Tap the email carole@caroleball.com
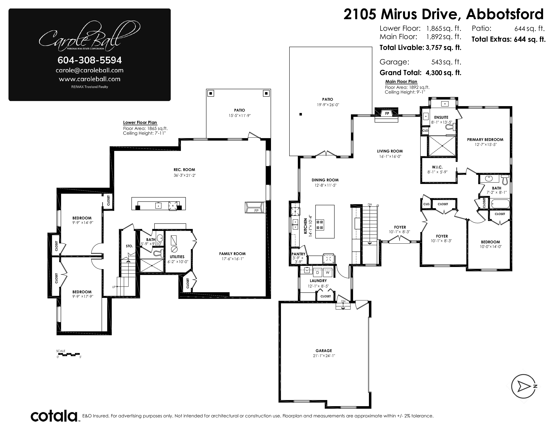pyautogui.click(x=89, y=70)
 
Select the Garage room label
pyautogui.click(x=324, y=350)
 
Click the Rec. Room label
pyautogui.click(x=184, y=170)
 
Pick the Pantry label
pyautogui.click(x=298, y=254)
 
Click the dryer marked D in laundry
pyautogui.click(x=318, y=272)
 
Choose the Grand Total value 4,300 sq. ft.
pyautogui.click(x=443, y=73)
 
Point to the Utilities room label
pyautogui.click(x=177, y=257)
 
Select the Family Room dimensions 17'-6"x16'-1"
pyautogui.click(x=232, y=259)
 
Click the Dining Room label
pyautogui.click(x=325, y=180)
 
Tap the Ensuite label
pyautogui.click(x=441, y=117)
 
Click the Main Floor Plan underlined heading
pyautogui.click(x=401, y=82)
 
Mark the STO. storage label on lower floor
pyautogui.click(x=129, y=246)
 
